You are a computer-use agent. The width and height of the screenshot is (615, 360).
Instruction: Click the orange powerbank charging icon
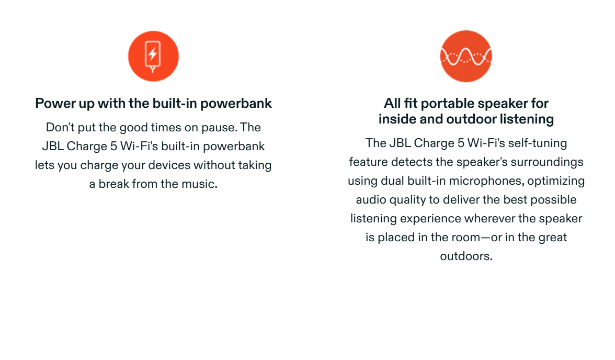click(x=153, y=56)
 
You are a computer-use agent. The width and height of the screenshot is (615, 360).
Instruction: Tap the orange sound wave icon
click(x=466, y=56)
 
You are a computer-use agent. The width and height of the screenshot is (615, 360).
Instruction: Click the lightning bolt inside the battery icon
click(x=153, y=53)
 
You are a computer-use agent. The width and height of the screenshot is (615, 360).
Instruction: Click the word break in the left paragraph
click(x=113, y=184)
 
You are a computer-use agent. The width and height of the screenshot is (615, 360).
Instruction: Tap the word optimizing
click(x=556, y=181)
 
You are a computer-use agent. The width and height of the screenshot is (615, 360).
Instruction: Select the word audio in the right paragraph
click(x=371, y=199)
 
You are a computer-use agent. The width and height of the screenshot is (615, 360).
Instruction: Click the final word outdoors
click(x=466, y=256)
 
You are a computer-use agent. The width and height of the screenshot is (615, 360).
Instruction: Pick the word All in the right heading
click(x=392, y=103)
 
